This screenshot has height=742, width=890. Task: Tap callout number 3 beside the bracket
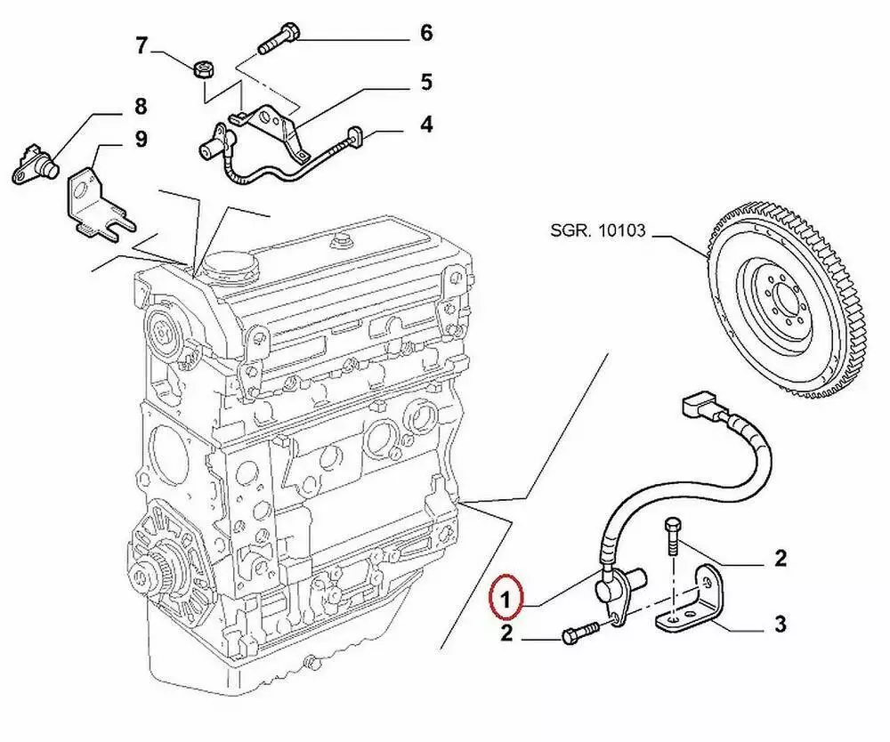[780, 624]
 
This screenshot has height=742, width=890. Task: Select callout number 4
[426, 123]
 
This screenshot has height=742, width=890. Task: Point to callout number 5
[426, 82]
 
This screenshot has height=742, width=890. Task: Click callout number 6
[426, 34]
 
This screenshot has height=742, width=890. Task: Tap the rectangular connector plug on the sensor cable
[700, 409]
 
